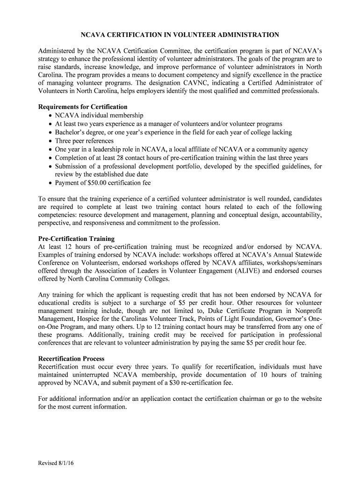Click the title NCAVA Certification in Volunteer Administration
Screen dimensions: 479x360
tap(180, 35)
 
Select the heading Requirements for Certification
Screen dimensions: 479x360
tap(83, 107)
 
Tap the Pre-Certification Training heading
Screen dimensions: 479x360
tap(76, 239)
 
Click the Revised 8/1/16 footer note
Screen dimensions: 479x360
tap(57, 463)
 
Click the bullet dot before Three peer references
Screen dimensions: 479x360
tap(50, 141)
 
